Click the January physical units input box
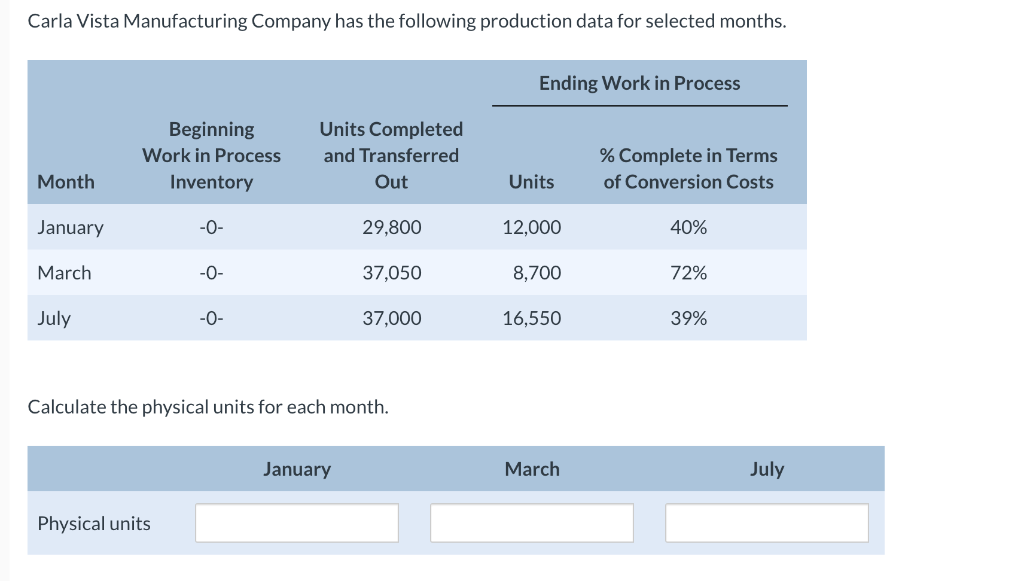[297, 523]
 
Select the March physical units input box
[532, 523]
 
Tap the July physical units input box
[767, 523]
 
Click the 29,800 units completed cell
[392, 227]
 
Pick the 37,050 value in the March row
[392, 273]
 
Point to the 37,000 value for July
[392, 318]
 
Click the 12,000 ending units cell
[531, 227]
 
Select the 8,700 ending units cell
[537, 273]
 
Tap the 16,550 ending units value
[531, 318]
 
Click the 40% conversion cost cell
[688, 227]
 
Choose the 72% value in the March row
[688, 273]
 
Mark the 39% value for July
[688, 318]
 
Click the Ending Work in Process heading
[639, 83]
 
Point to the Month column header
[66, 182]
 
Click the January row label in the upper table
[70, 227]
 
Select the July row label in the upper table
[54, 318]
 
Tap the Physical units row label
[94, 524]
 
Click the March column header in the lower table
[532, 469]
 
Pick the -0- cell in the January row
[211, 227]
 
